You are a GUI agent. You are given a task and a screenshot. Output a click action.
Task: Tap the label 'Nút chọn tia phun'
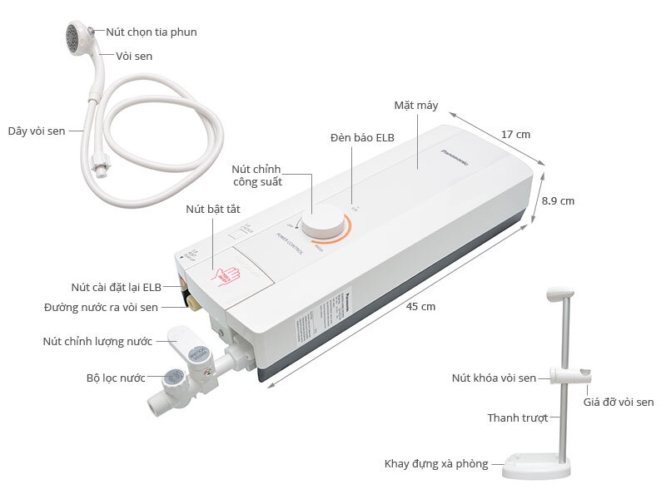tap(151, 32)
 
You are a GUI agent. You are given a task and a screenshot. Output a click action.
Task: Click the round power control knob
tap(322, 225)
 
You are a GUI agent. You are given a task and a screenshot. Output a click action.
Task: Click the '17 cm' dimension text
tap(516, 135)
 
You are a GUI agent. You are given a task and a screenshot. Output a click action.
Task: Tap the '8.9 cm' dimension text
tap(558, 201)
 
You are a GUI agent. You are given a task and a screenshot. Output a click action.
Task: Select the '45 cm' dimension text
tap(421, 306)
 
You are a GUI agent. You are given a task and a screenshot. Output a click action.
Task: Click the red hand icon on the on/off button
tap(228, 275)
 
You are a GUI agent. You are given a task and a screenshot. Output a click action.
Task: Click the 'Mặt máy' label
tap(416, 106)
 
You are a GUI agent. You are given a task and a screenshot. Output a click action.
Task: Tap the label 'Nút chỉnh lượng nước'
tap(98, 341)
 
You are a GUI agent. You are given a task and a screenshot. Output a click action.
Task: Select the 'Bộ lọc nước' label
tap(116, 377)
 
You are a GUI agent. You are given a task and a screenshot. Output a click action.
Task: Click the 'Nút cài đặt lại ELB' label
tap(116, 287)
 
